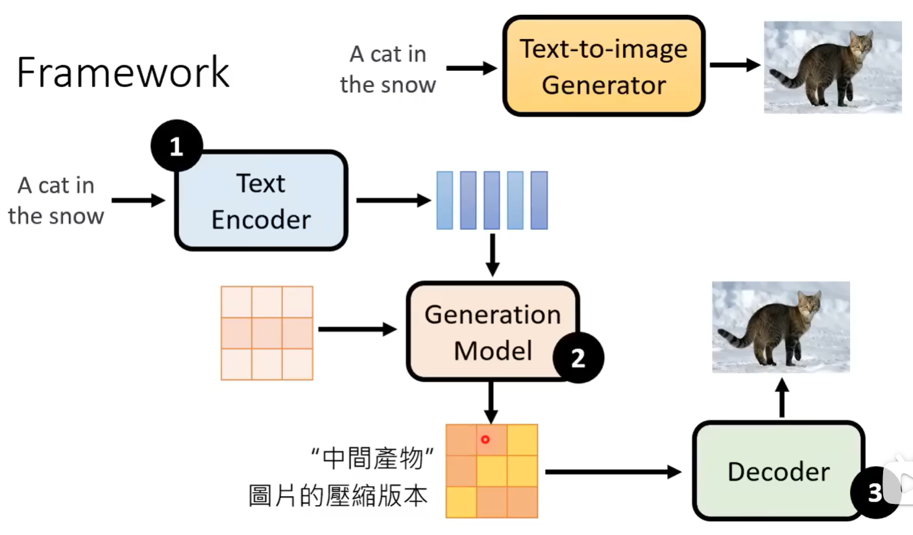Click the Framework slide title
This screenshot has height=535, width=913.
[x=123, y=73]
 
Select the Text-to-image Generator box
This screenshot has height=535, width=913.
[x=603, y=66]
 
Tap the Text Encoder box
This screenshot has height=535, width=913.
[x=261, y=201]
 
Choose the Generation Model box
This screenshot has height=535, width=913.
[x=492, y=332]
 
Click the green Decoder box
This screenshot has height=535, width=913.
[x=778, y=471]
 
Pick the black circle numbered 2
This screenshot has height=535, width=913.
[x=578, y=358]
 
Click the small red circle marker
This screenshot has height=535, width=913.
[x=485, y=440]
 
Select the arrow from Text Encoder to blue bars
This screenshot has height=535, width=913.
[x=393, y=201]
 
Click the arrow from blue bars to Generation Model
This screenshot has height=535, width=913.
[x=493, y=255]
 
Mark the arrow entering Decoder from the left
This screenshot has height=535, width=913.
[x=613, y=472]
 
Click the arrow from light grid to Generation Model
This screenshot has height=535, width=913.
[x=358, y=330]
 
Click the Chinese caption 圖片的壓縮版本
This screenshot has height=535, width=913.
[x=339, y=495]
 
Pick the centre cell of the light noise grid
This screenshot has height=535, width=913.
[x=267, y=333]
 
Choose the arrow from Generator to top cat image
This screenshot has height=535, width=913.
[x=735, y=65]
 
